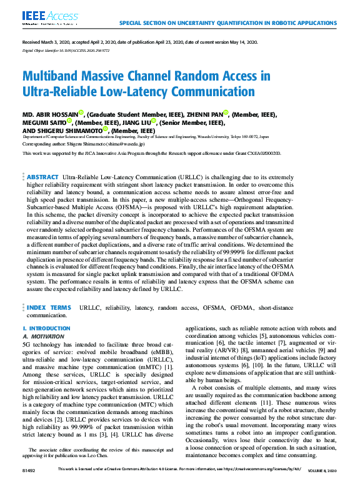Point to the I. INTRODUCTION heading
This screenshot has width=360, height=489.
coord(46,328)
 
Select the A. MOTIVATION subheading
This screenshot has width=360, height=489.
coord(43,336)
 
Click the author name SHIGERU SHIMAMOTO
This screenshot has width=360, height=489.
coord(73,131)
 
